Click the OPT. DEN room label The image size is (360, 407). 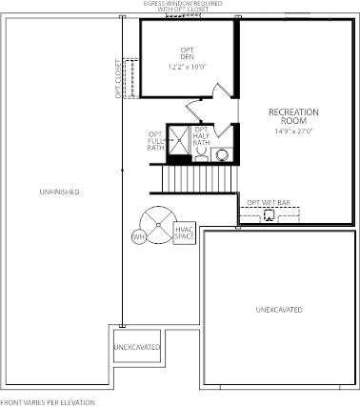[188, 53]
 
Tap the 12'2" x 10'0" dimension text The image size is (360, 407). [188, 67]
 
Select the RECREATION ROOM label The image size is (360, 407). [293, 116]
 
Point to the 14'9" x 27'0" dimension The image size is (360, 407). [294, 131]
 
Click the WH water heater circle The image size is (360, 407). [139, 236]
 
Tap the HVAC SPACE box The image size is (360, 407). [184, 233]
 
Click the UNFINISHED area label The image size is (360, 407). [59, 192]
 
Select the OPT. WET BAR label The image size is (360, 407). [269, 202]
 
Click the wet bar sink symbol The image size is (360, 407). [269, 215]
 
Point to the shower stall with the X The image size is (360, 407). [178, 140]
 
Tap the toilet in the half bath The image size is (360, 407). [201, 155]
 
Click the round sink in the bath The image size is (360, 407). [222, 155]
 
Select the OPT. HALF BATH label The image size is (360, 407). [201, 136]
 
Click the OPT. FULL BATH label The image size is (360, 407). [156, 141]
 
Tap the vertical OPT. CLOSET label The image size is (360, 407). [118, 79]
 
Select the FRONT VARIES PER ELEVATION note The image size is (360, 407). [48, 403]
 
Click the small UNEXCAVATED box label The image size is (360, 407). [137, 347]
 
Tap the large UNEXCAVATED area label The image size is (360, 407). [279, 310]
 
